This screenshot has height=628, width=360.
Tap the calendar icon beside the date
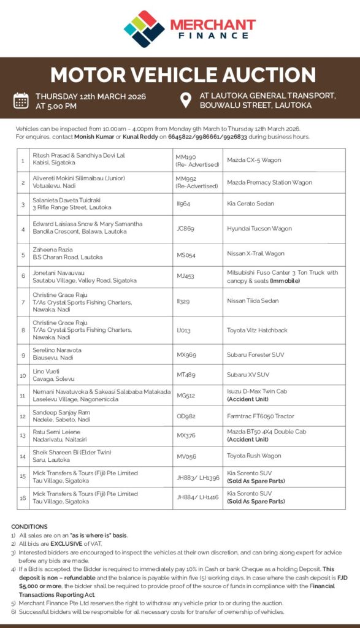click(x=21, y=100)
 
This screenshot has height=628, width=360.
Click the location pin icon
click(x=186, y=100)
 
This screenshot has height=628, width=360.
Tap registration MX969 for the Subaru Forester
click(x=186, y=355)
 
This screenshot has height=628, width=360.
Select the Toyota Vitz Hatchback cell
click(x=257, y=331)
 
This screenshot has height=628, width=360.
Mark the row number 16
click(x=22, y=497)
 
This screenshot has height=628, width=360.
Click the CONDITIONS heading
click(x=29, y=526)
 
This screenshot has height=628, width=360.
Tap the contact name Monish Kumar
click(x=94, y=136)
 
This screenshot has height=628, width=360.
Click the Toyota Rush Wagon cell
click(x=254, y=456)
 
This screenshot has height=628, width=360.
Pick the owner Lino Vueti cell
click(x=47, y=372)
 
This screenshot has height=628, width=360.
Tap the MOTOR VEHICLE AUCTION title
click(x=183, y=75)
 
